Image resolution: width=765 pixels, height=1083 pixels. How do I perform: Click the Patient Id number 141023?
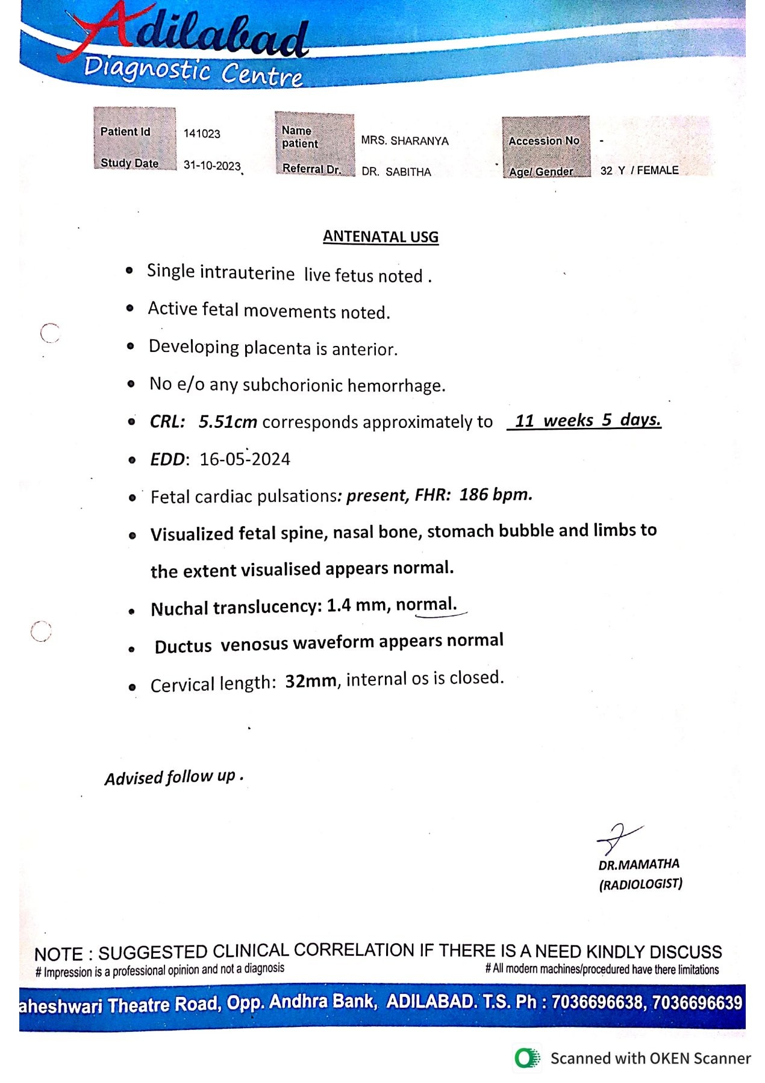point(202,134)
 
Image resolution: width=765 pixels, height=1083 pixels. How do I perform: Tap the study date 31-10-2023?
point(211,166)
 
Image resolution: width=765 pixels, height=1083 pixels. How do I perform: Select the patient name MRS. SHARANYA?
point(405,141)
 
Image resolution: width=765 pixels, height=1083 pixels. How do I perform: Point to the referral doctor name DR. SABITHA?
point(396,172)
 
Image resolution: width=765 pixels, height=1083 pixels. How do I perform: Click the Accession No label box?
point(544,141)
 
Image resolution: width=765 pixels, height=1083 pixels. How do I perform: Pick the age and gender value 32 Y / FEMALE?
point(639,171)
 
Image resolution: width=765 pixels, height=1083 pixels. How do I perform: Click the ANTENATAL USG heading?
point(381,237)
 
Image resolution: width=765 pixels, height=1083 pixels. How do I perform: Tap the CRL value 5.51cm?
point(228,422)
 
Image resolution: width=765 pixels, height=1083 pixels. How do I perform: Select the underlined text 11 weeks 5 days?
point(584,420)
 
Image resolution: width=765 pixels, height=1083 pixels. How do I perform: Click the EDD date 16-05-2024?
point(245,459)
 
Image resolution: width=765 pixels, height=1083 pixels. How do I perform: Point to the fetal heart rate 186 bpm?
point(496,495)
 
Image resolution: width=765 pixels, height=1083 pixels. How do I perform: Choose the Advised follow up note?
point(173,777)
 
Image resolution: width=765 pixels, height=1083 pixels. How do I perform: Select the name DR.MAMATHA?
point(639,865)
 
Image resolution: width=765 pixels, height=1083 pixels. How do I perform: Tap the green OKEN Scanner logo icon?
point(527,1058)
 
